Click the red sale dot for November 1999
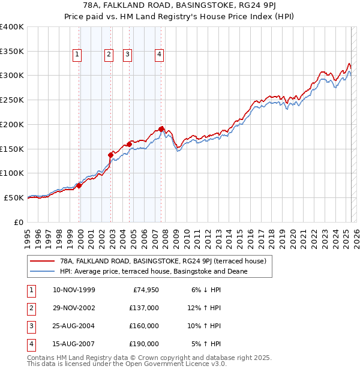click(79, 185)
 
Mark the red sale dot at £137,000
click(111, 155)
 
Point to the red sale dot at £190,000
click(161, 129)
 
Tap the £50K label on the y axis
click(14, 197)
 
